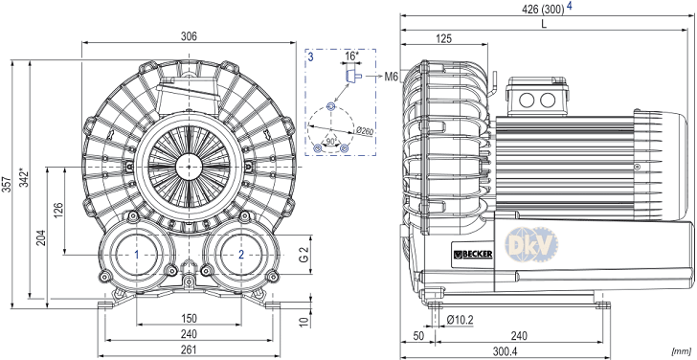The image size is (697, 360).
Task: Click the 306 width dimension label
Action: (x=189, y=36)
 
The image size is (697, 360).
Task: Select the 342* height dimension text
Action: (x=24, y=177)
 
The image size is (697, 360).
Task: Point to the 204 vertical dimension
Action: (x=41, y=238)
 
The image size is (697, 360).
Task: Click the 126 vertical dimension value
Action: (x=58, y=211)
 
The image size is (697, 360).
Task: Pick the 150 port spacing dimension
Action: (x=189, y=318)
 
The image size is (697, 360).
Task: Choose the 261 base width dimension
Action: (x=189, y=349)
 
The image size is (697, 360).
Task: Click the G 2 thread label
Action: (x=303, y=255)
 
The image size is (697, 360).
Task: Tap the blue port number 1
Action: (x=137, y=255)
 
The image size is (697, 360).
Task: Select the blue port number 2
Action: (x=241, y=255)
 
